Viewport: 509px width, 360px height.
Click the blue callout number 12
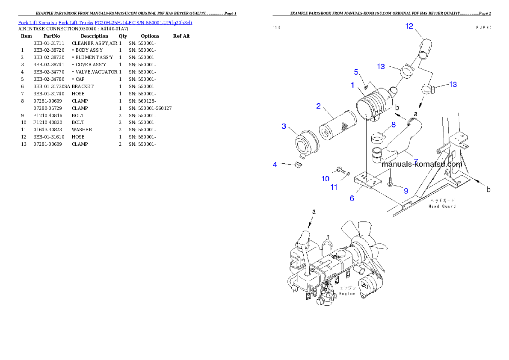pyautogui.click(x=409, y=27)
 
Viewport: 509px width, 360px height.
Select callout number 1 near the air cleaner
pyautogui.click(x=352, y=86)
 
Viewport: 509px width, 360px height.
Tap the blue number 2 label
pyautogui.click(x=318, y=106)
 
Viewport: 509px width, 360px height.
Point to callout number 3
pyautogui.click(x=284, y=126)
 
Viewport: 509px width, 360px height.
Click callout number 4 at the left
pyautogui.click(x=275, y=164)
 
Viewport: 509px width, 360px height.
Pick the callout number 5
pyautogui.click(x=356, y=72)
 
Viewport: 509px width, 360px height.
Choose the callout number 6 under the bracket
pyautogui.click(x=352, y=198)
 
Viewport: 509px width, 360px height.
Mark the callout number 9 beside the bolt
pyautogui.click(x=406, y=191)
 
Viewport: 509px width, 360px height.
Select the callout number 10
pyautogui.click(x=326, y=179)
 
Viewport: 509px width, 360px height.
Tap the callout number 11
pyautogui.click(x=334, y=187)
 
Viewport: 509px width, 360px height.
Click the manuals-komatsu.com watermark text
pyautogui.click(x=421, y=164)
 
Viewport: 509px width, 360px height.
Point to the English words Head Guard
pyautogui.click(x=442, y=206)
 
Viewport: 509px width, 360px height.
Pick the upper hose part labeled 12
pyautogui.click(x=425, y=48)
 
